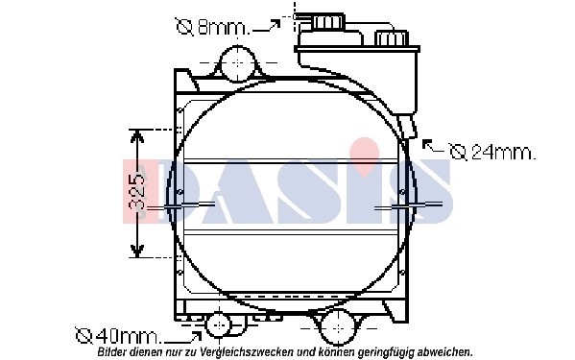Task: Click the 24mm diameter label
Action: pos(492,152)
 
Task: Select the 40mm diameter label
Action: pos(118,335)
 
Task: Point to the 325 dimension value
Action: pos(137,192)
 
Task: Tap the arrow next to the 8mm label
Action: pos(267,27)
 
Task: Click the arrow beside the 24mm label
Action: pos(433,146)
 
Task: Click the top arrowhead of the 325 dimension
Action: pos(136,138)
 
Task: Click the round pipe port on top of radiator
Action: pos(238,63)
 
